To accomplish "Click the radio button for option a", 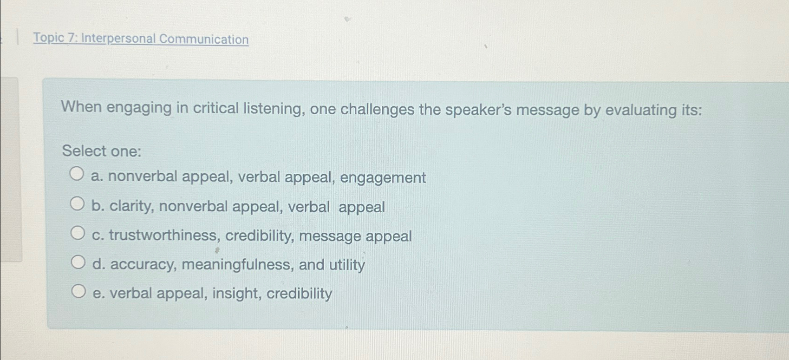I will [77, 174].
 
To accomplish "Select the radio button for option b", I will [77, 203].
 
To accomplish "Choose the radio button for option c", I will [78, 233].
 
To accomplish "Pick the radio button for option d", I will [78, 262].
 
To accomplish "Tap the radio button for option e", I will [78, 292].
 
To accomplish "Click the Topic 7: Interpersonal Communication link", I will [141, 39].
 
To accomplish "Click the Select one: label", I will [102, 151].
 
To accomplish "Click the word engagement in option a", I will [383, 178].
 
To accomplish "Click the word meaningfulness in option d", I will [237, 265].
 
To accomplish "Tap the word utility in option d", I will [347, 265].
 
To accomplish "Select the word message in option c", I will [330, 236].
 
